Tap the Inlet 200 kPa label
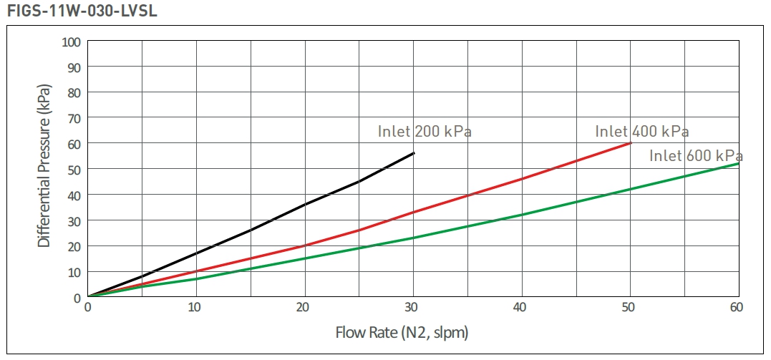[x=425, y=132]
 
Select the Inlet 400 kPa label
[x=642, y=132]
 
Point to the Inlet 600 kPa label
[x=696, y=156]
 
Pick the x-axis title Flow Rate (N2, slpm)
[x=402, y=333]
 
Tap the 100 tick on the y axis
[x=71, y=41]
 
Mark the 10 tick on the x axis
[x=196, y=308]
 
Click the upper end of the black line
[x=414, y=152]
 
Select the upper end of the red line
[x=631, y=142]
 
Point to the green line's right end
[x=739, y=163]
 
